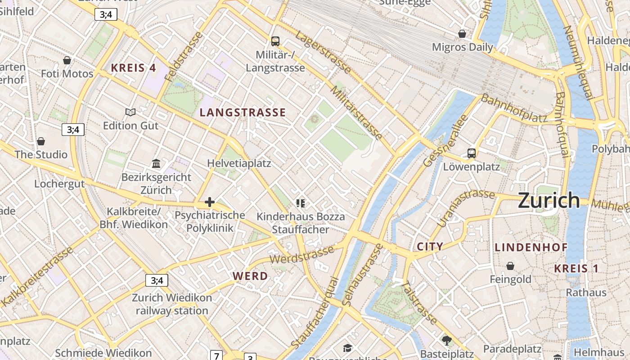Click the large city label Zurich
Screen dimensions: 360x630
549,200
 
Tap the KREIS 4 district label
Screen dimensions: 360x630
133,68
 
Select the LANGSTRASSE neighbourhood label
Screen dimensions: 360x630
243,112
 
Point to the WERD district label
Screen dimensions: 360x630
250,276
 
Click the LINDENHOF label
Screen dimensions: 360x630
531,247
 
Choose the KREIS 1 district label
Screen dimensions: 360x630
576,269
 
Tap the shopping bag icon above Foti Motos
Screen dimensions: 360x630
67,60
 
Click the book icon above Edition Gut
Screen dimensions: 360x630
130,112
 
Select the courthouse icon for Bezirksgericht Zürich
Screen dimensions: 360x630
156,163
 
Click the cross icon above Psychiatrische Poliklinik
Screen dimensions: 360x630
210,202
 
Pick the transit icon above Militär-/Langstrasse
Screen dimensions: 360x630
275,41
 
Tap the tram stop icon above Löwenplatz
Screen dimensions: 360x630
471,153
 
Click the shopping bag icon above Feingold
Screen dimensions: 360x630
510,266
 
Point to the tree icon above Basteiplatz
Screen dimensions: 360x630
446,340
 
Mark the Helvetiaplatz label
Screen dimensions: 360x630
239,163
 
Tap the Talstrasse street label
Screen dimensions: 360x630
419,303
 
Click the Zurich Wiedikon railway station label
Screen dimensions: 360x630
172,304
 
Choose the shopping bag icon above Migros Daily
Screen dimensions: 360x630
462,34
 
